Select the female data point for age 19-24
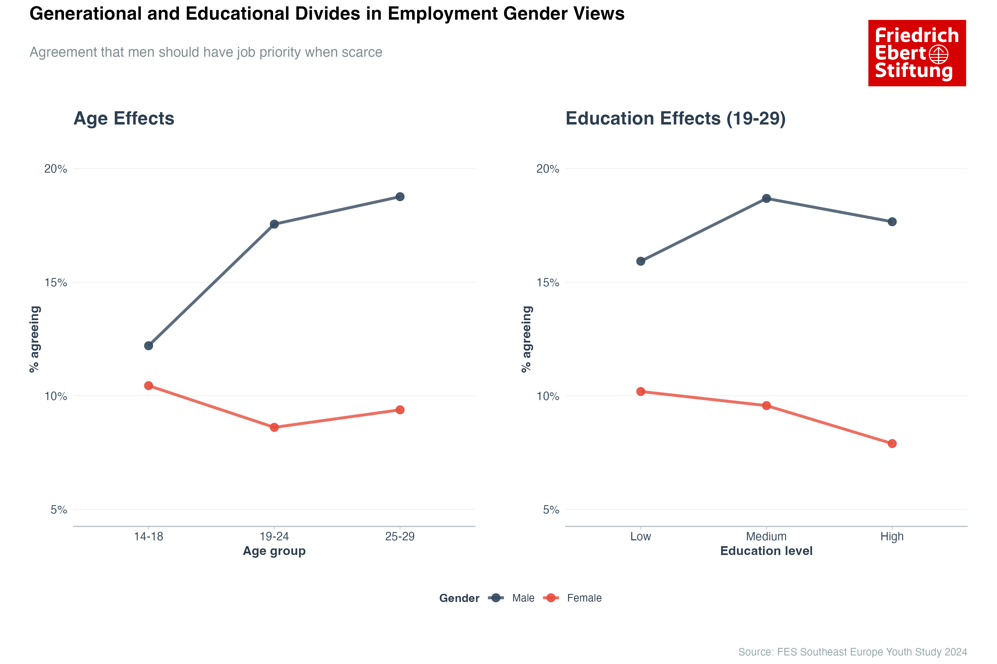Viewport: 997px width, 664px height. [x=274, y=427]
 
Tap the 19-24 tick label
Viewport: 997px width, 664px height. [x=274, y=536]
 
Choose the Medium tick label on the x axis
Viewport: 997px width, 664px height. [x=766, y=536]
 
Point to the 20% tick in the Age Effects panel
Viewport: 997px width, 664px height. [x=56, y=169]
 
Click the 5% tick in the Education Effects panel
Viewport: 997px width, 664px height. [x=551, y=510]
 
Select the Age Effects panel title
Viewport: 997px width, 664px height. [x=124, y=119]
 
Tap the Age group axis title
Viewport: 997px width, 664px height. [x=274, y=551]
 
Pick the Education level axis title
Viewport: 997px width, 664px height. [x=766, y=551]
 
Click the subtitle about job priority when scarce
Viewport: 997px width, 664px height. [x=205, y=52]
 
